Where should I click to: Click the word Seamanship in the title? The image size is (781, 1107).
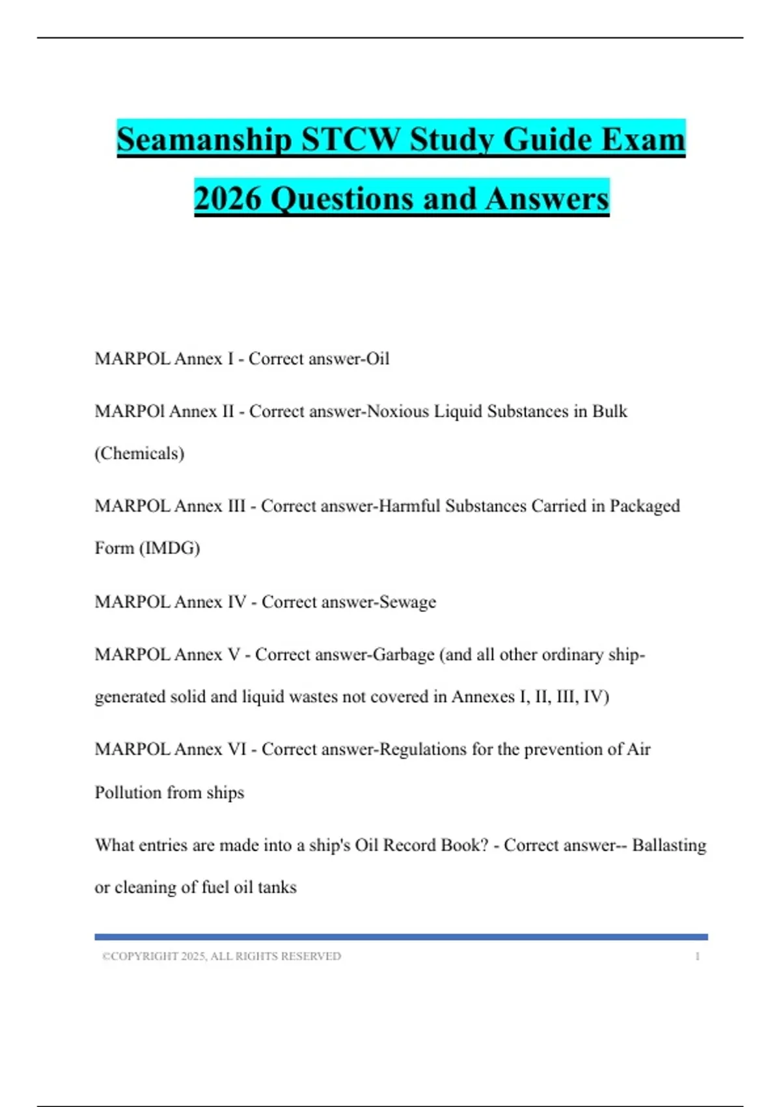204,139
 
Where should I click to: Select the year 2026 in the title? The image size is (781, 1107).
228,198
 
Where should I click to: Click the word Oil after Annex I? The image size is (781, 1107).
377,359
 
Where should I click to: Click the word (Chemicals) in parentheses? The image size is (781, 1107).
139,453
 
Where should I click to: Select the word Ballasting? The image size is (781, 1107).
669,845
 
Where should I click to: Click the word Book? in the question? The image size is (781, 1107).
464,845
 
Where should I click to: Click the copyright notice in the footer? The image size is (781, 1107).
221,956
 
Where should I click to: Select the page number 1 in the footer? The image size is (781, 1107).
697,956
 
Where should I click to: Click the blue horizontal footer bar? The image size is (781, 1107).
401,937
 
